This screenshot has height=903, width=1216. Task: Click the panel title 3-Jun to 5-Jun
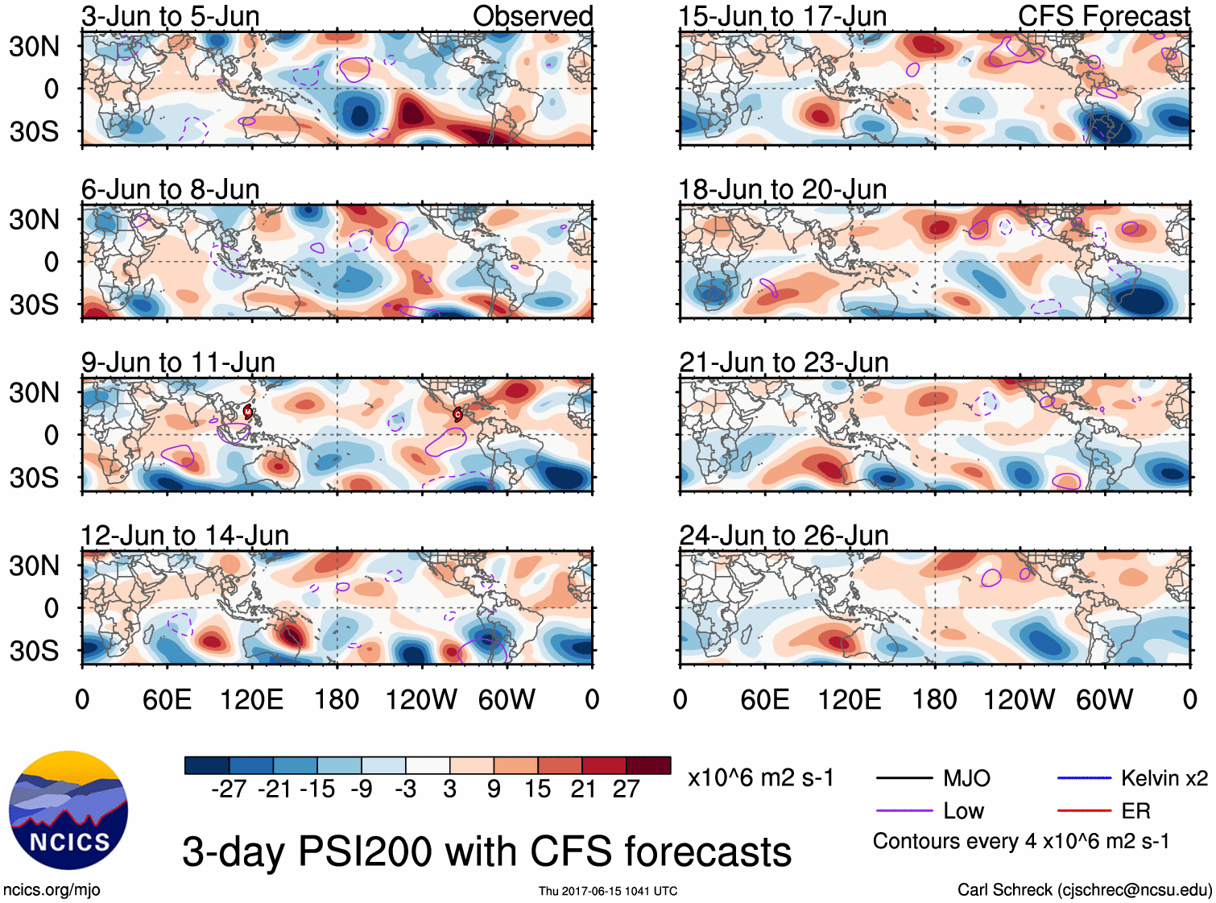[x=170, y=16]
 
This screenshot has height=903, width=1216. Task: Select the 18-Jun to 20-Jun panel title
[x=783, y=189]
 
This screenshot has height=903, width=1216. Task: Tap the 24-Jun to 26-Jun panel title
[x=784, y=536]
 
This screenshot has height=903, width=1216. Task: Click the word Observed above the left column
[x=532, y=16]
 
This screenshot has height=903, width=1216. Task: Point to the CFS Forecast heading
[x=1103, y=16]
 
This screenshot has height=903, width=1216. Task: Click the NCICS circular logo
[x=68, y=810]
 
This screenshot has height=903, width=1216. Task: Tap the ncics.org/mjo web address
[x=52, y=890]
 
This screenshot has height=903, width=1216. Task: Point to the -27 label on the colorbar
[x=228, y=789]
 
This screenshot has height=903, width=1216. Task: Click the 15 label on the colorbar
[x=537, y=789]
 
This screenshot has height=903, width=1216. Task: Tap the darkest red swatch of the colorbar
[x=648, y=765]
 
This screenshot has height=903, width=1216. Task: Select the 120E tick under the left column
[x=251, y=699]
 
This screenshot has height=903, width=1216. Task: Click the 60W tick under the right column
[x=1104, y=699]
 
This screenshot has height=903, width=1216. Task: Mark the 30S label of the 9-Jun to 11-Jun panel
[x=34, y=478]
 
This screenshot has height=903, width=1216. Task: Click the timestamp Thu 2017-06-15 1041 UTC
[x=608, y=891]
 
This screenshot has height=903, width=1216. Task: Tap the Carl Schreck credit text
[x=1084, y=890]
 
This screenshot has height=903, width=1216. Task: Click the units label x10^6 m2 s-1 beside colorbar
[x=760, y=778]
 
